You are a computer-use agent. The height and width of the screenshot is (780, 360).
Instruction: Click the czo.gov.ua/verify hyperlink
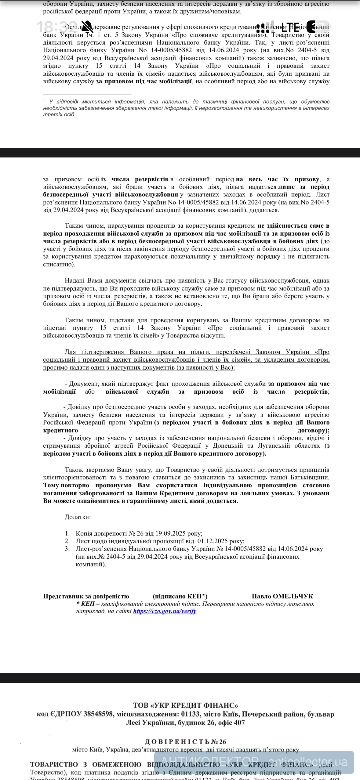(x=165, y=611)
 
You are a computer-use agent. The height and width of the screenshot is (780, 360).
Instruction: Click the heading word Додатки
(x=78, y=517)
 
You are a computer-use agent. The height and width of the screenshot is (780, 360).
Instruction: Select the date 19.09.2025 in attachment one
(x=171, y=533)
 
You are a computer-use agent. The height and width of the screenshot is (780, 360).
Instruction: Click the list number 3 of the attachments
(x=67, y=549)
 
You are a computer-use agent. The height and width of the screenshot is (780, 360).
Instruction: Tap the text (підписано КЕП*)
(x=180, y=596)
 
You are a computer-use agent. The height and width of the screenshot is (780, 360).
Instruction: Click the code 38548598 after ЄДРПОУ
(x=99, y=714)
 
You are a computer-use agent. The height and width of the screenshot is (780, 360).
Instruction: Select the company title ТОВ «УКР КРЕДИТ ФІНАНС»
(x=185, y=705)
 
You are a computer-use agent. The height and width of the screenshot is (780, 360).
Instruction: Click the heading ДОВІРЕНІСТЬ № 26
(x=185, y=742)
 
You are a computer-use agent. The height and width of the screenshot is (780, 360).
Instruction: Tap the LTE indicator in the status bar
(x=290, y=27)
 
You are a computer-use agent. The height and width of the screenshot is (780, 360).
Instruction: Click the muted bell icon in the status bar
(x=87, y=27)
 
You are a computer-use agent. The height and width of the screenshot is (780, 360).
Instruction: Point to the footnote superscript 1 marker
(x=44, y=100)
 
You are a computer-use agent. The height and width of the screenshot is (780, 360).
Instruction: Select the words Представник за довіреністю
(x=86, y=596)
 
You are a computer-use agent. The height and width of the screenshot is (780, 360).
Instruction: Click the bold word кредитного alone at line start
(x=60, y=430)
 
